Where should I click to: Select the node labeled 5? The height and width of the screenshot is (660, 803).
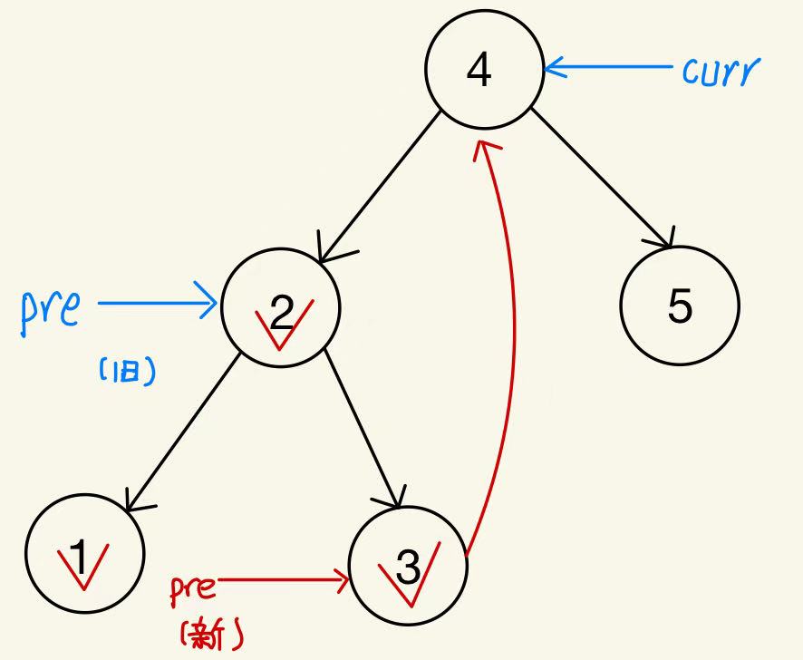[x=680, y=306]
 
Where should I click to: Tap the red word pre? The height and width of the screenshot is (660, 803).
[x=193, y=590]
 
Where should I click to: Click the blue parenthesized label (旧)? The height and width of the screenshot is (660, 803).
[x=125, y=370]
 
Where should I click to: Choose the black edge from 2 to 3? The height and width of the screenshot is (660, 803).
[x=363, y=426]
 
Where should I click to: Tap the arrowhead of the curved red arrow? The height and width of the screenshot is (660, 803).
[x=487, y=148]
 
